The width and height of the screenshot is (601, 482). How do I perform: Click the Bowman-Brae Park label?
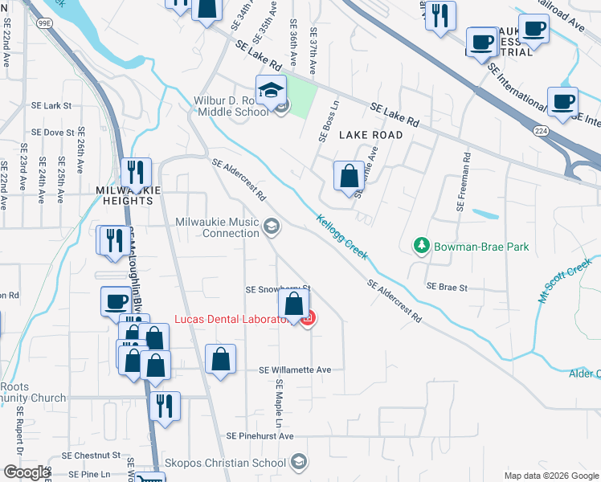coord(480,247)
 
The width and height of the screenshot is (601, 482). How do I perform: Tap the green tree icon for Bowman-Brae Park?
coord(419,245)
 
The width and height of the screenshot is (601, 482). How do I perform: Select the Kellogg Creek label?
coord(341,237)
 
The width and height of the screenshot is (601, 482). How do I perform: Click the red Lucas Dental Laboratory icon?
coord(306,320)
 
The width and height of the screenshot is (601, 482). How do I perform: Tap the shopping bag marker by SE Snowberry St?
coord(294,306)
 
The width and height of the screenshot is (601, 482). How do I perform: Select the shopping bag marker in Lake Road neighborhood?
coord(349,178)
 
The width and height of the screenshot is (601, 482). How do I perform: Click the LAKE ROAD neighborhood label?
coord(370,135)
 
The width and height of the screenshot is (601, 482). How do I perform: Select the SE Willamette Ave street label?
coord(295,370)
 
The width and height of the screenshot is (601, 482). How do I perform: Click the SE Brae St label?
coord(447,286)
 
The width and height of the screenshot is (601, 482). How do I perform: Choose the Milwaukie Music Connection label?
coord(218,227)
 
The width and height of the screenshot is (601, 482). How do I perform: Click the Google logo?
coord(26,472)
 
